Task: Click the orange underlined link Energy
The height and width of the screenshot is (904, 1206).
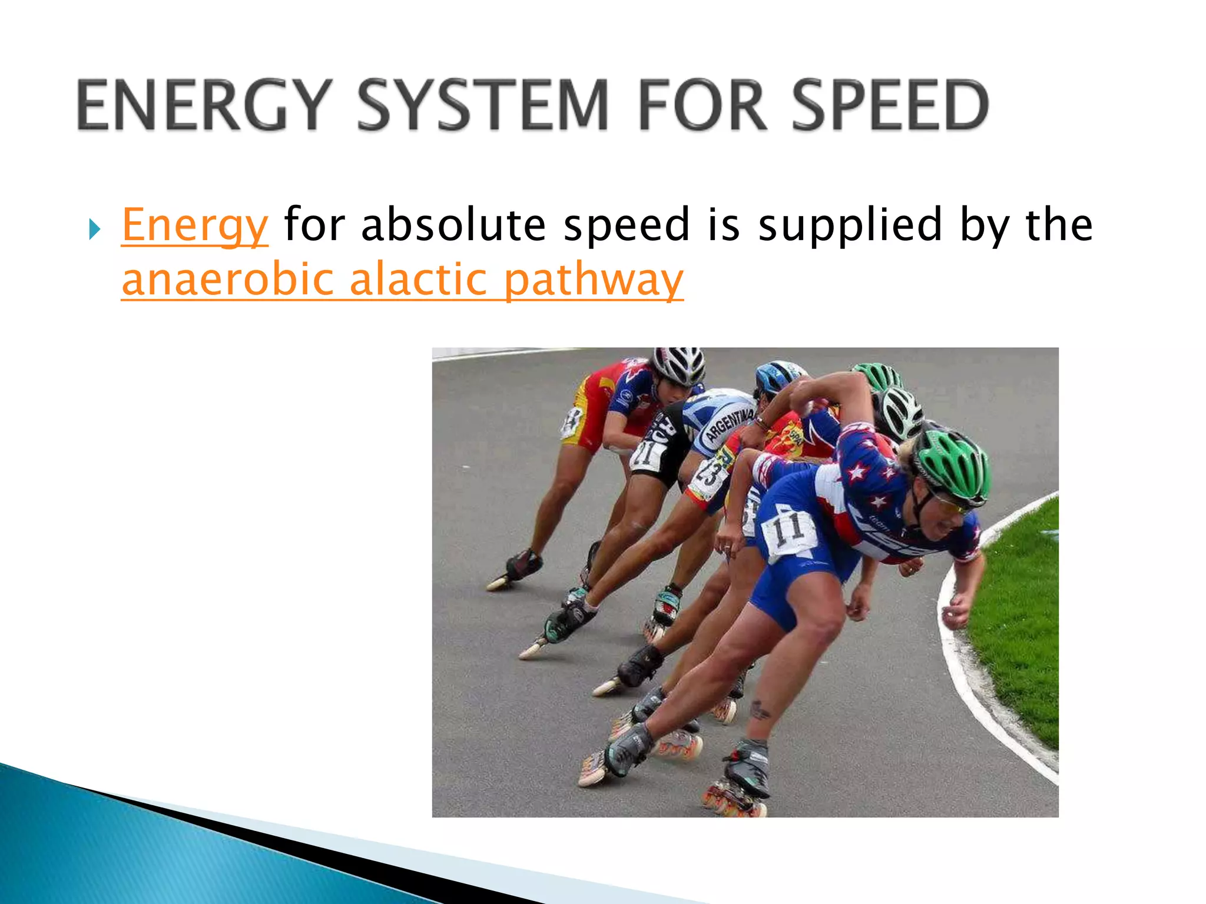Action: [195, 225]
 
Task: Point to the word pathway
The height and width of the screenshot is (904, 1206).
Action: [594, 280]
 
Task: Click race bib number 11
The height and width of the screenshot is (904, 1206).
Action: [788, 529]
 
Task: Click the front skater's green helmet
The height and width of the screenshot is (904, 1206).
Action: [953, 462]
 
